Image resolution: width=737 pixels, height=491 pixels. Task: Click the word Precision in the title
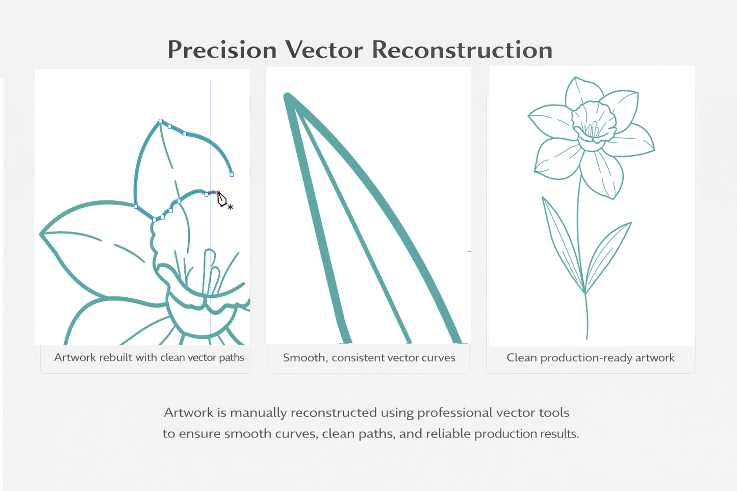coord(222,50)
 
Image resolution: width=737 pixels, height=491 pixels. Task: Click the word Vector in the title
coord(324,50)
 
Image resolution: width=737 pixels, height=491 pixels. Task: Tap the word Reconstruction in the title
coord(462,50)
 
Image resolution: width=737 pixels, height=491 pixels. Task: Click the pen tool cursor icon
coord(222,200)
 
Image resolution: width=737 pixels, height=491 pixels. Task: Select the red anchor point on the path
coord(218,193)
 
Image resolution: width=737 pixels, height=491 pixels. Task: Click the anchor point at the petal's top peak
coord(161,121)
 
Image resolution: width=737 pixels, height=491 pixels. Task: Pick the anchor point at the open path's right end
coord(232,174)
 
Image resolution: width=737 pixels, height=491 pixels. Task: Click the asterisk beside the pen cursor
coord(231,207)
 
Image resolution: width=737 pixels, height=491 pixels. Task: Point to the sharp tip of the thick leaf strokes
coord(287,96)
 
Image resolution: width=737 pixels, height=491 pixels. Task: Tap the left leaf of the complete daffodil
coord(561,240)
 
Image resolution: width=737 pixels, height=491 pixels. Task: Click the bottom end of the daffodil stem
coord(587,338)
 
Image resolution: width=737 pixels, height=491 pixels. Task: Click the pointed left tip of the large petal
coord(41,234)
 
